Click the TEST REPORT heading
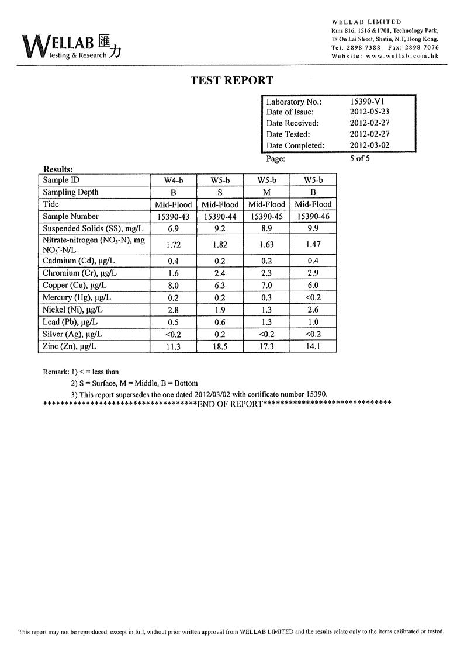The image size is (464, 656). coord(231,81)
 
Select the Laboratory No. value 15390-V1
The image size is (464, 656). coord(367,101)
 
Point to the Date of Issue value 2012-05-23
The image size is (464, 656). coord(369,112)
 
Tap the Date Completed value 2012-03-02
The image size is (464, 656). coord(369,145)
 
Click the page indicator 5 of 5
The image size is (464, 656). coord(360,158)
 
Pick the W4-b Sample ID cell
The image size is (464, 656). coord(173,181)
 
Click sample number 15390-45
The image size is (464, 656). coord(266,217)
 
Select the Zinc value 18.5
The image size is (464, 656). coord(220,347)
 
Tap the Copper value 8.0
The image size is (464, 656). coord(173,286)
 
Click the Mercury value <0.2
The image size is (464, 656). coord(313,298)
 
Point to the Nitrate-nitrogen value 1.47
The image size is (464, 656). coord(313,245)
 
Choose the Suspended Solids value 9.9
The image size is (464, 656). coord(313,229)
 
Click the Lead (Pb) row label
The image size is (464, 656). coord(70,322)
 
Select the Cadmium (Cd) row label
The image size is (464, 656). coord(79,261)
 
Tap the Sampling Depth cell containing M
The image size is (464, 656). coord(266,192)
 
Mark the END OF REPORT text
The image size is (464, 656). coord(230,404)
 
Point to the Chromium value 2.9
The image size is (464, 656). coord(313,273)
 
